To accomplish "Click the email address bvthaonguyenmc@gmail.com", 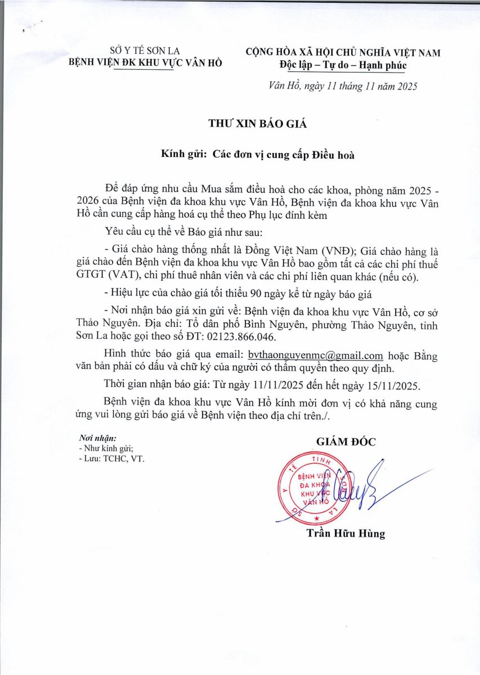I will coord(319,355).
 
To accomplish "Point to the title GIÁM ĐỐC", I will coord(346,442).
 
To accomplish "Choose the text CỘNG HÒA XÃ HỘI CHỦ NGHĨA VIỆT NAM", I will coord(343,53).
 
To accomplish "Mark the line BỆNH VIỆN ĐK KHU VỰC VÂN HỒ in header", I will coord(145,62).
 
